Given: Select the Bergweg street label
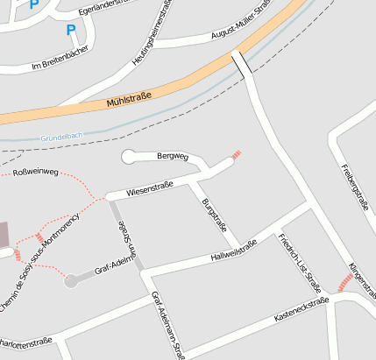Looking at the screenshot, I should [x=173, y=156].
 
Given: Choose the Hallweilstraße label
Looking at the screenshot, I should [x=234, y=250].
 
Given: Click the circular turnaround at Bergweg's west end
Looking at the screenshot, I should [x=129, y=157].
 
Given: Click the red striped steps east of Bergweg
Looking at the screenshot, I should [x=235, y=156].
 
